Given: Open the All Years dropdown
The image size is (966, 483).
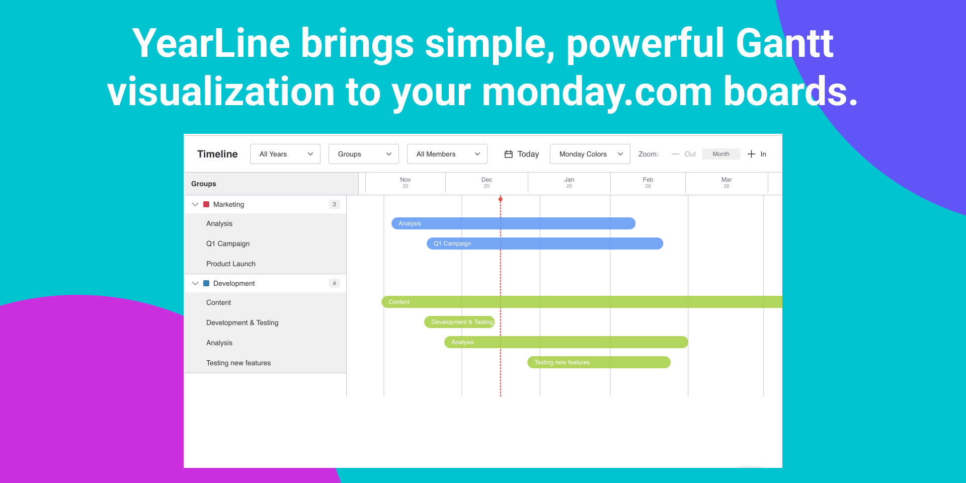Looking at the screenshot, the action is [x=285, y=154].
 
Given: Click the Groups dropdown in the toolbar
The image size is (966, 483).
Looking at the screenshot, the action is [x=364, y=154].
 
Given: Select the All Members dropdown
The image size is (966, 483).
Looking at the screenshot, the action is [x=447, y=154].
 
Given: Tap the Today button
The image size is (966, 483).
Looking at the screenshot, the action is [x=522, y=154].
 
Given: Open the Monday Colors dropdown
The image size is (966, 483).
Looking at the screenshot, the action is [x=590, y=154].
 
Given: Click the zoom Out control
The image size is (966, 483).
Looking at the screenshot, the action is [x=684, y=154].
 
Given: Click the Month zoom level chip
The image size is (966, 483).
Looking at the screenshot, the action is [x=721, y=154].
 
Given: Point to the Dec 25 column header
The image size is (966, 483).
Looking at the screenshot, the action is [x=487, y=183].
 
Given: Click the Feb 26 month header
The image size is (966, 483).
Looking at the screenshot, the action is [x=648, y=183].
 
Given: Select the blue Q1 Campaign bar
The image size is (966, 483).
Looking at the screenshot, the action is [x=545, y=244].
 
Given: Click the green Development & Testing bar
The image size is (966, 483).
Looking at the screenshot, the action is [x=459, y=322].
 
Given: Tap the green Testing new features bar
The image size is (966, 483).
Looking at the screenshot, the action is [x=599, y=362].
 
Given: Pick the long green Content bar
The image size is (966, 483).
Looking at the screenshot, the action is [x=582, y=302].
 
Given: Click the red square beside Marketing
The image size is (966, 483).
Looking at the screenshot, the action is [x=206, y=204].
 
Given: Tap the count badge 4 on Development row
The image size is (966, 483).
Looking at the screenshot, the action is [x=334, y=283].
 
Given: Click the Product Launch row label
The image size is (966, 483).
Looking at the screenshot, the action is [x=231, y=264].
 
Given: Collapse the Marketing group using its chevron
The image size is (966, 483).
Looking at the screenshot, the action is [x=195, y=204].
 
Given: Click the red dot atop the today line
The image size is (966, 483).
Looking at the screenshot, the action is [x=501, y=199].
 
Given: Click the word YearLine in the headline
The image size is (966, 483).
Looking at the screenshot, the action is [x=211, y=44].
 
